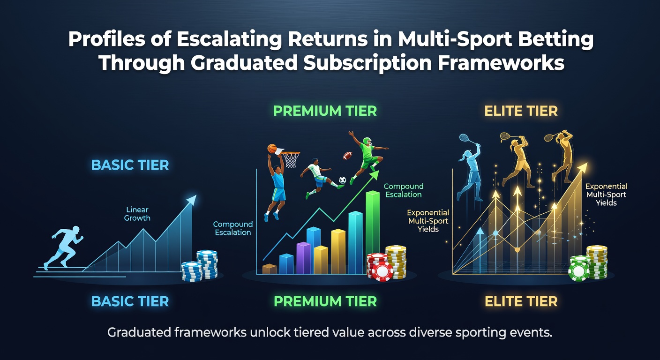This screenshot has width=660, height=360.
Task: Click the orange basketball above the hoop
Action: [272, 149]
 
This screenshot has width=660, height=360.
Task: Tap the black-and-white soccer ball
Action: [342, 180]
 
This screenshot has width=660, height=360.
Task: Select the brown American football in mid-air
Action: [348, 156]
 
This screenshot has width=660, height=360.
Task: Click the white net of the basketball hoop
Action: [291, 160]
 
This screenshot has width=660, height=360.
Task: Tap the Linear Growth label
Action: [137, 214]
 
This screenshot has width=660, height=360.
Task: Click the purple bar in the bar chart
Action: [303, 258]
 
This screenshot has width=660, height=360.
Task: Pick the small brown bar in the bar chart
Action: [270, 269]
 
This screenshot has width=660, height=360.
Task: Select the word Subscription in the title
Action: [367, 64]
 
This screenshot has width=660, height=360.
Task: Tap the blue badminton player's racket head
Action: [464, 137]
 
